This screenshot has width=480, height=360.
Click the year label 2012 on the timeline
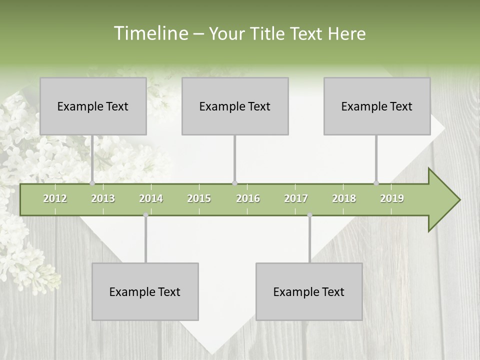(55, 198)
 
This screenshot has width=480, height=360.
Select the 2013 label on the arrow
(103, 198)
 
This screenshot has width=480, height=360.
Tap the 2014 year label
(151, 198)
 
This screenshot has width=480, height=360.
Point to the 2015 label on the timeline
(199, 198)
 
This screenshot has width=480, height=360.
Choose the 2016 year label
(248, 198)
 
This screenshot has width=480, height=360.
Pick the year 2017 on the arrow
(296, 198)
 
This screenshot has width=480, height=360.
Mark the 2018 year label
(344, 198)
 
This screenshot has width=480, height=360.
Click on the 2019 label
(392, 198)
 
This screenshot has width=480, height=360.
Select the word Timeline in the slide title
(150, 33)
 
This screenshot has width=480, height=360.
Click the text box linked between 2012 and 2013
(93, 106)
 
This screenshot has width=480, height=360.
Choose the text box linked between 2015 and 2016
(235, 106)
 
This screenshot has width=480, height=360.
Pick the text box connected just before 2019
(377, 106)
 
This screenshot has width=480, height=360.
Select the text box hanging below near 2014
(145, 291)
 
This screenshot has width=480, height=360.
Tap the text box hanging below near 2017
(309, 291)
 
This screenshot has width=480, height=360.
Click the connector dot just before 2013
(92, 183)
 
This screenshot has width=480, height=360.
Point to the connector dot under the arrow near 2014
(145, 215)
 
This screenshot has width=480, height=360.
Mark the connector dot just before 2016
(234, 183)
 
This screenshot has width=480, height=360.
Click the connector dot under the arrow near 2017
(309, 215)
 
